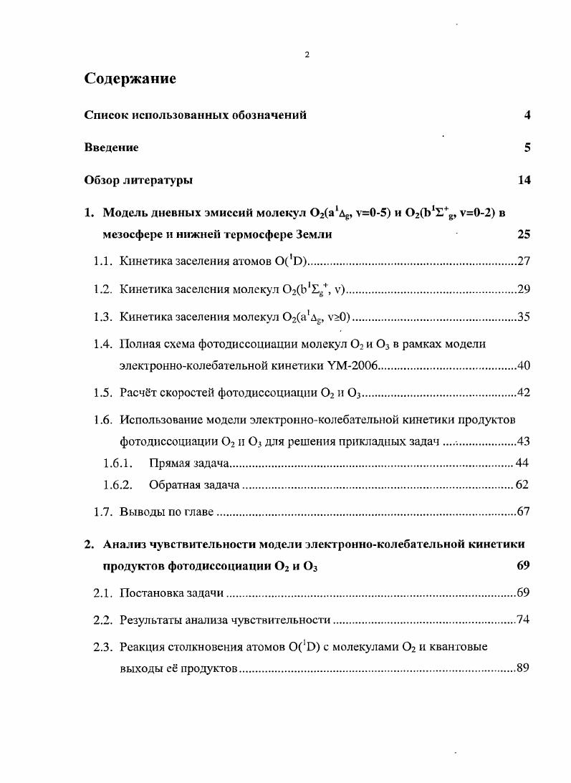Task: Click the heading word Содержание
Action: pos(130,79)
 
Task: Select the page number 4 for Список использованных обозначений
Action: pos(527,115)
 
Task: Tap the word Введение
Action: pos(111,148)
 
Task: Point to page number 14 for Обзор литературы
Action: pos(524,181)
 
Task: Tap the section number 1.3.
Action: pos(104,317)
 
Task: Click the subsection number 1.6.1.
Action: pos(117,463)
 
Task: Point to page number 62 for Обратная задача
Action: pos(522,485)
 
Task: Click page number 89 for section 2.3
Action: pos(523,668)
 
